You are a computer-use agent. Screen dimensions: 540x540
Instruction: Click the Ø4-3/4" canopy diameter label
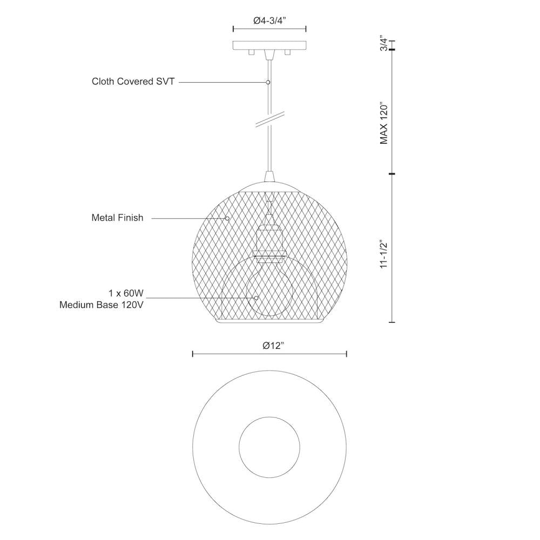click(x=270, y=21)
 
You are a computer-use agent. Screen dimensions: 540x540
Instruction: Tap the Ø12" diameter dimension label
click(x=273, y=346)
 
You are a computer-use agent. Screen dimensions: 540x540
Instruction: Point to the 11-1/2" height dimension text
click(x=384, y=254)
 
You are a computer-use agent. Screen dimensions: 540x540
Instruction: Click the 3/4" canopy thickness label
click(x=384, y=43)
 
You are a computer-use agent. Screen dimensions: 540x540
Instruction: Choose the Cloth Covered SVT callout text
click(x=133, y=82)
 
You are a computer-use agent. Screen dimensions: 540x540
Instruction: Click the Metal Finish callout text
click(x=117, y=218)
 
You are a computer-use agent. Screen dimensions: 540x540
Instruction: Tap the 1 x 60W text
click(x=126, y=293)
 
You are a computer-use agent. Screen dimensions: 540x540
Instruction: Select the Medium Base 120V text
click(x=102, y=305)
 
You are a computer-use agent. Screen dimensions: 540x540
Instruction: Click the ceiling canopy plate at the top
click(x=269, y=45)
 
